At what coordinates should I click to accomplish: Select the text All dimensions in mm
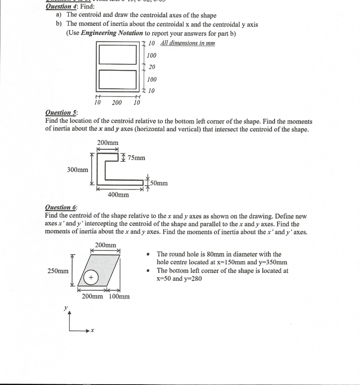coord(187,43)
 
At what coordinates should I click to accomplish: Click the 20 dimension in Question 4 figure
coord(152,67)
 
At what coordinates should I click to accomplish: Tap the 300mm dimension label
coord(77,170)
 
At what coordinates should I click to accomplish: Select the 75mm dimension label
coord(136,158)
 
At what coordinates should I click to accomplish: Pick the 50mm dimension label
coord(158,183)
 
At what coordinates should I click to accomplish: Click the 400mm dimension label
coord(118,194)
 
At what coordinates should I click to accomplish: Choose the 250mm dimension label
coord(58,271)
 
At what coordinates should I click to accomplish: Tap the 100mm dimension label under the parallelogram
coord(119,296)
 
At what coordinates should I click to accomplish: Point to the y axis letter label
coord(66,308)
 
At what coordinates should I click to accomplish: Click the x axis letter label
coord(92,331)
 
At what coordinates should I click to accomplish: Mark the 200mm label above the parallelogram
coord(105,245)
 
